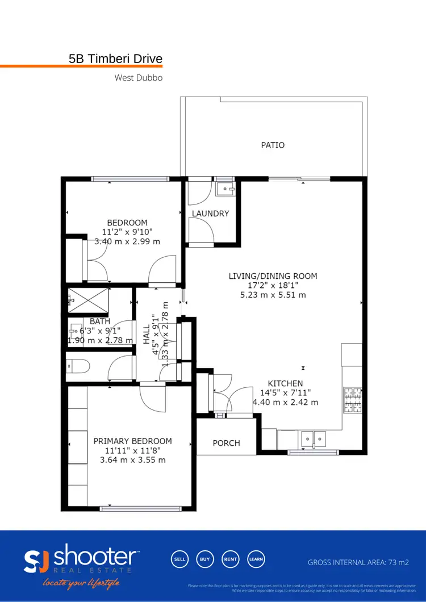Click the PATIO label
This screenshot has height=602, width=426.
273,145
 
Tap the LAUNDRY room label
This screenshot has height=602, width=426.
210,214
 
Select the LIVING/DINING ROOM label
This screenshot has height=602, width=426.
273,276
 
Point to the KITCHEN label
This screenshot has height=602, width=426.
285,383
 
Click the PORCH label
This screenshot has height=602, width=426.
226,443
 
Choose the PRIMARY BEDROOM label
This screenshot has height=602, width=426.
132,441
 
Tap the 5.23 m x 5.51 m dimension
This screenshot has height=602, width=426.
273,295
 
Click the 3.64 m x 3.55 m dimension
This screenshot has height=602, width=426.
132,460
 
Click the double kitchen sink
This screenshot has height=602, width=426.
313,438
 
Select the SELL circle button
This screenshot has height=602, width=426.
179,559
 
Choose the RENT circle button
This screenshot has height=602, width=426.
230,559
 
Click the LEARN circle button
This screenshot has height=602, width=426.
256,559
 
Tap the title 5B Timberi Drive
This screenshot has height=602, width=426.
115,58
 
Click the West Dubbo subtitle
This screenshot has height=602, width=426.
139,78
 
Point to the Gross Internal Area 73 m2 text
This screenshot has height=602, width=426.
358,562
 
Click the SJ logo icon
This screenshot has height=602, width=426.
37,561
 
